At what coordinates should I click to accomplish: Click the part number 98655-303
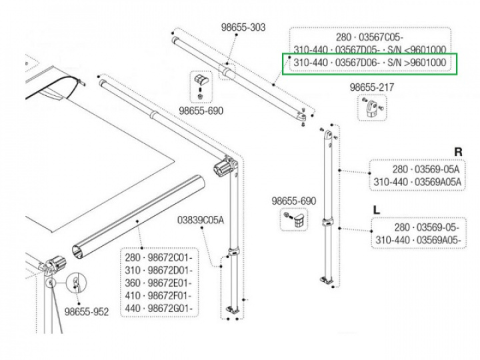pyautogui.click(x=243, y=27)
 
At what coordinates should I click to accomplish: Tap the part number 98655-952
pyautogui.click(x=87, y=311)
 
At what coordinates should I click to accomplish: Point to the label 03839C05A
pyautogui.click(x=200, y=220)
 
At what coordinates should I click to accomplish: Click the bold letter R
pyautogui.click(x=458, y=152)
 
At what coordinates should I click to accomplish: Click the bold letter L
pyautogui.click(x=377, y=209)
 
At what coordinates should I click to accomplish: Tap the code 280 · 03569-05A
pyautogui.click(x=427, y=169)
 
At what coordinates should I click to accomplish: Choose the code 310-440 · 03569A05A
pyautogui.click(x=417, y=182)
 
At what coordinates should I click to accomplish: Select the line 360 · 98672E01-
pyautogui.click(x=158, y=283)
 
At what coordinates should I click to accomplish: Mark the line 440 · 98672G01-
pyautogui.click(x=158, y=308)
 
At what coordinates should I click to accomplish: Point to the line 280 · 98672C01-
pyautogui.click(x=158, y=257)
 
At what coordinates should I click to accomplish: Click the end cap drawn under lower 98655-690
pyautogui.click(x=297, y=219)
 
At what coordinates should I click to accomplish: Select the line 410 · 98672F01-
pyautogui.click(x=158, y=295)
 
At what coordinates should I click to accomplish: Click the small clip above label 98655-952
pyautogui.click(x=77, y=283)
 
